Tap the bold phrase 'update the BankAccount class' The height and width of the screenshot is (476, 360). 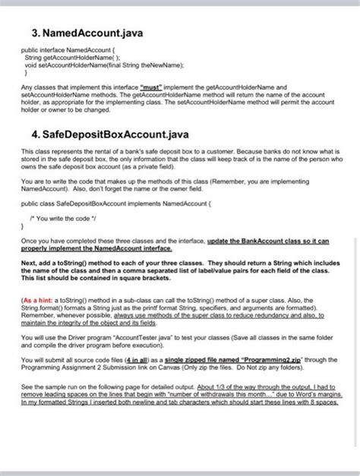tap(263, 241)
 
